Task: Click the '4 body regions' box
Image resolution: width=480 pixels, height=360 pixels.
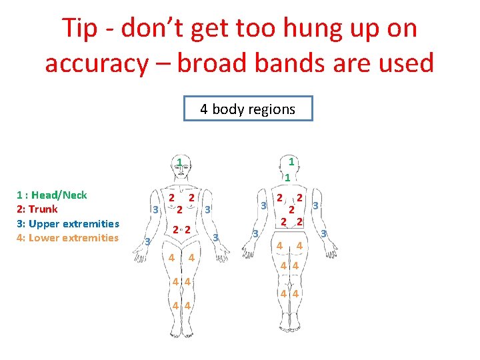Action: click(x=248, y=109)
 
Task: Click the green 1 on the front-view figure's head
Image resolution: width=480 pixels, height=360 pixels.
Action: click(x=180, y=162)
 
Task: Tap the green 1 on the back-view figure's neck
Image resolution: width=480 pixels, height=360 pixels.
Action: click(x=287, y=177)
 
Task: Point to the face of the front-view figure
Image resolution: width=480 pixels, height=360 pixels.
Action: click(x=181, y=172)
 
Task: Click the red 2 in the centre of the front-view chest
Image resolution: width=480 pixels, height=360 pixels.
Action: click(x=180, y=209)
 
